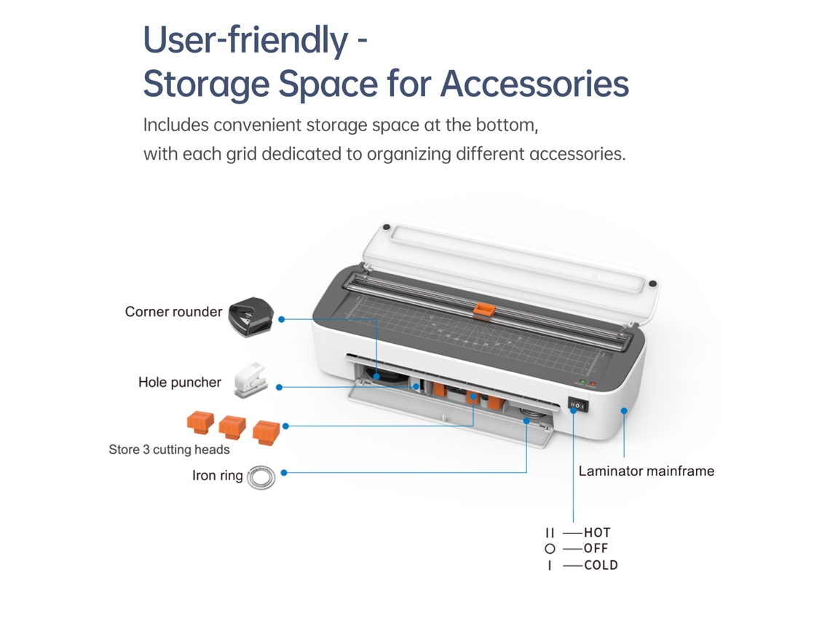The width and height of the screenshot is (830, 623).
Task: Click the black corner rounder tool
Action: click(x=250, y=317)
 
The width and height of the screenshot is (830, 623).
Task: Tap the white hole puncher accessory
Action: click(x=250, y=380)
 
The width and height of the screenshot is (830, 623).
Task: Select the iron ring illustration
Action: click(x=261, y=477)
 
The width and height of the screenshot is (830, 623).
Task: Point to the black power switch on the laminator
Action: click(x=577, y=405)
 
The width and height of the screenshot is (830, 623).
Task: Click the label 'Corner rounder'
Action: click(x=173, y=312)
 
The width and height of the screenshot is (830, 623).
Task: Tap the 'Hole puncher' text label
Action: click(x=180, y=382)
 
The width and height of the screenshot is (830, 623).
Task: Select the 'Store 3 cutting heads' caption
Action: click(x=170, y=450)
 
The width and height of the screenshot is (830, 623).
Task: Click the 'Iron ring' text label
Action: click(x=218, y=475)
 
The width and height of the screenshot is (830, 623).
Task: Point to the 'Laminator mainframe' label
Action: click(x=647, y=471)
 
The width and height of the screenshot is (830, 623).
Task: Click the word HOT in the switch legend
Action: click(x=597, y=533)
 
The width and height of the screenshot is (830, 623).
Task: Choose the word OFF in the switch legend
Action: click(x=596, y=548)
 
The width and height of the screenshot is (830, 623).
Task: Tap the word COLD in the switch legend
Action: click(x=601, y=565)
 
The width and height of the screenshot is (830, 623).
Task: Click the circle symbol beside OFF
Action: click(x=550, y=549)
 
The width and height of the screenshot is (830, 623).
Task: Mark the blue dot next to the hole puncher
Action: click(x=280, y=387)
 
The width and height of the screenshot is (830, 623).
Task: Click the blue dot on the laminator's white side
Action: click(x=624, y=410)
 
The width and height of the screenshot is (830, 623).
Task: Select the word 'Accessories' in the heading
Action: click(x=534, y=84)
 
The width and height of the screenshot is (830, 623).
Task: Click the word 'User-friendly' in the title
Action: click(x=246, y=39)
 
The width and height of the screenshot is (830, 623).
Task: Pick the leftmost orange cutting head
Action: click(x=201, y=423)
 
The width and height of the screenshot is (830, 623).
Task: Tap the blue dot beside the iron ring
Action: click(x=284, y=473)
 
